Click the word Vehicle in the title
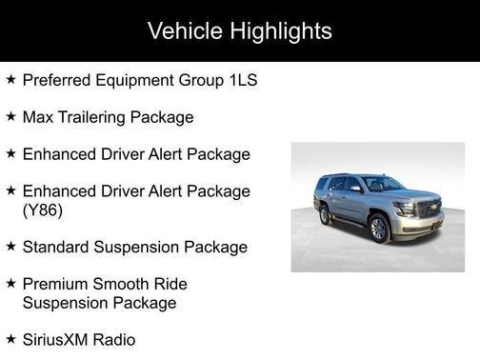tap(185, 31)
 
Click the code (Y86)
tap(42, 210)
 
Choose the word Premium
tap(56, 284)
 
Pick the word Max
tap(38, 117)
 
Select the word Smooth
tap(127, 284)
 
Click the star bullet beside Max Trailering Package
tap(10, 116)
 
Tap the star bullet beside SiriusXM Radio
tap(10, 338)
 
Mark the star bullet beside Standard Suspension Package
tap(10, 246)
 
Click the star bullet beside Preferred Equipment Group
tap(10, 80)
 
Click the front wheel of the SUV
tap(378, 228)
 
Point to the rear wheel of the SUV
tap(325, 214)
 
